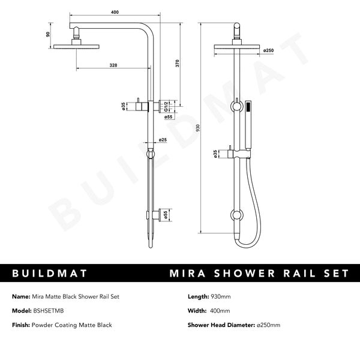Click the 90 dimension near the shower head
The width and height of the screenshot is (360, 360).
pyautogui.click(x=49, y=35)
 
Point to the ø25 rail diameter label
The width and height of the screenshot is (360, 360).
pyautogui.click(x=163, y=140)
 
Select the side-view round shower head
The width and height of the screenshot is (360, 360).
pyautogui.click(x=76, y=47)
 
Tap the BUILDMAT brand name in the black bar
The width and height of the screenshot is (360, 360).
pyautogui.click(x=50, y=274)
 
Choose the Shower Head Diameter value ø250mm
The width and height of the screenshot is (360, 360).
pyautogui.click(x=268, y=325)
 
